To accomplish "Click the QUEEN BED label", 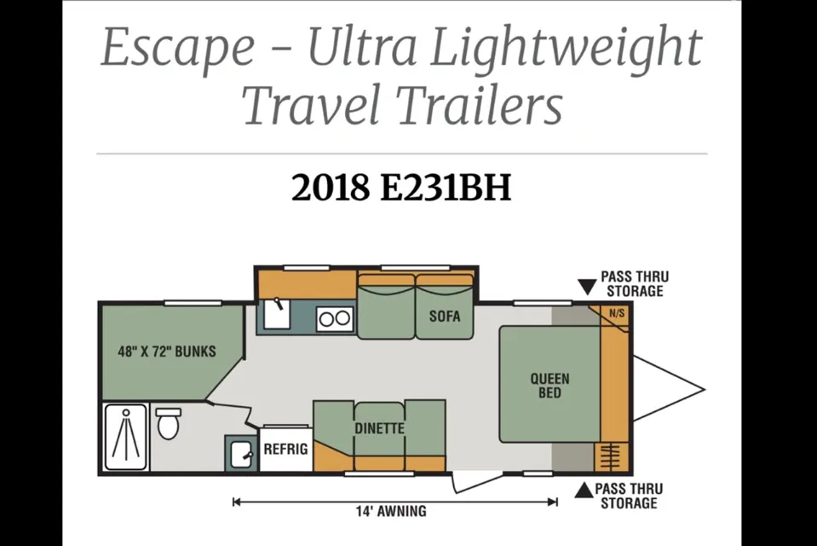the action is [x=549, y=386].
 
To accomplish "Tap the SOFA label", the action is [x=445, y=316].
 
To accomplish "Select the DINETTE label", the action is [x=379, y=428].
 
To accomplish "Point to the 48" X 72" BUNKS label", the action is [x=167, y=351].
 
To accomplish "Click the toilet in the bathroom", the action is [x=169, y=423].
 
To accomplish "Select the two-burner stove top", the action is [x=335, y=318].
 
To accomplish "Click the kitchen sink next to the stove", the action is [x=277, y=314].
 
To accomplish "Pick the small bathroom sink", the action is [x=241, y=453].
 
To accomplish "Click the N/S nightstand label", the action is [x=617, y=314].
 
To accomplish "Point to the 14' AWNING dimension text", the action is [x=391, y=511].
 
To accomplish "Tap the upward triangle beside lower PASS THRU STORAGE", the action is [x=584, y=491].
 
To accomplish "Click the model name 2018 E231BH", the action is [x=401, y=188].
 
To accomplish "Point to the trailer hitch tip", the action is [x=705, y=389].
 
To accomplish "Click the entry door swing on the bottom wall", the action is [x=477, y=481].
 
